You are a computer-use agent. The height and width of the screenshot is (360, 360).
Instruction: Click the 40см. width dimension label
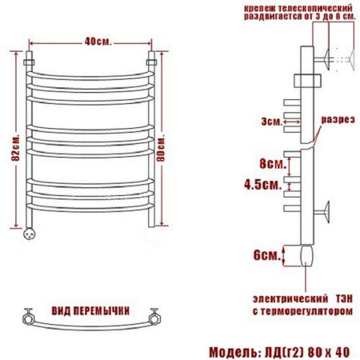click(x=98, y=42)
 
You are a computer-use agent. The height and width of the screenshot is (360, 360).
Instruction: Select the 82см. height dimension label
click(x=15, y=147)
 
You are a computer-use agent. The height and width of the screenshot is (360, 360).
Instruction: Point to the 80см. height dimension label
click(x=161, y=148)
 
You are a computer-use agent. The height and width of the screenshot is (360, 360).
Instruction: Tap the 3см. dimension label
click(x=271, y=122)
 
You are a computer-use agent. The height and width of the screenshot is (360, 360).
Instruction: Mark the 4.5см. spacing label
click(x=263, y=184)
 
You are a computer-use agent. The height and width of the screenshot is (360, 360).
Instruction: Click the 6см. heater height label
click(x=267, y=255)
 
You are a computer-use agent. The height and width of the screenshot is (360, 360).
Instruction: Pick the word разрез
click(x=338, y=120)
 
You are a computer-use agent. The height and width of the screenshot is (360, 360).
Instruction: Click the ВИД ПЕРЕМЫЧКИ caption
click(x=90, y=311)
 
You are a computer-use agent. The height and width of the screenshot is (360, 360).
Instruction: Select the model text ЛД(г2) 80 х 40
click(x=306, y=352)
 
